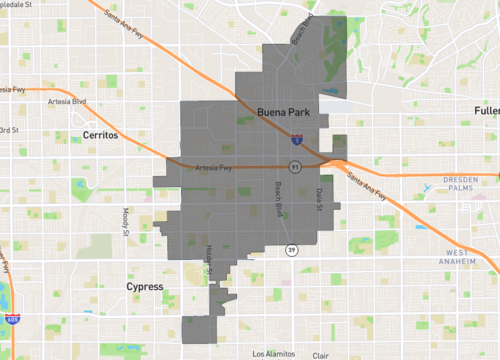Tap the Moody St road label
click(126, 218)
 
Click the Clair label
click(321, 355)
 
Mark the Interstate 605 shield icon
click(11, 319)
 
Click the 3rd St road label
click(10, 129)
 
